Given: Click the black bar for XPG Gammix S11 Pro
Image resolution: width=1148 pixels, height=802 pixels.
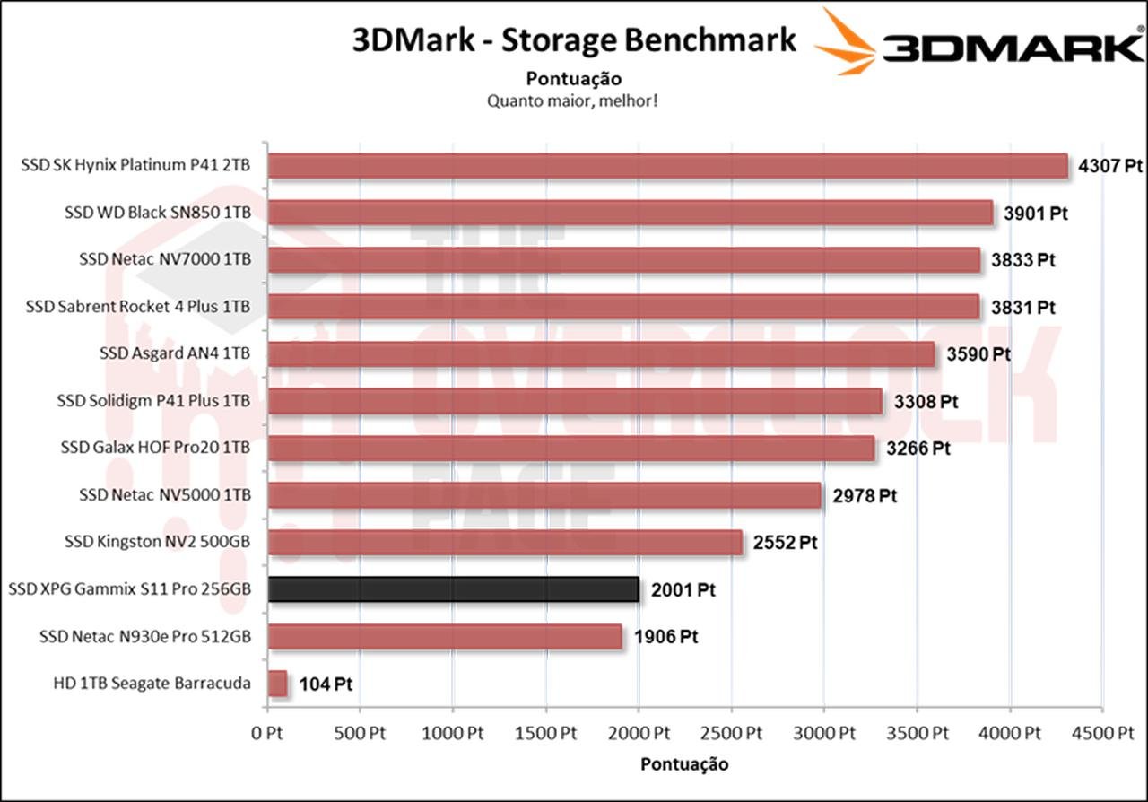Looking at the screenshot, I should (x=453, y=589).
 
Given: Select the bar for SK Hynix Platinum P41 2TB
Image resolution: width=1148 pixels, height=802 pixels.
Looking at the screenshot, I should (x=667, y=166).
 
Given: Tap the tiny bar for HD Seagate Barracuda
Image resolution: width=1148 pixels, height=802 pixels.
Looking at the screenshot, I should (x=277, y=684).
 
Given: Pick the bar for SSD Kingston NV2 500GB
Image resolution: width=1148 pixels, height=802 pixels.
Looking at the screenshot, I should (x=505, y=542).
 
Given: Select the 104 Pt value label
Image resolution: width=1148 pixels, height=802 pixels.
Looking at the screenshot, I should (x=325, y=684).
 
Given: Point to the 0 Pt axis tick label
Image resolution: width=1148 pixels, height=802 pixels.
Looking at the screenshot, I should (x=267, y=733).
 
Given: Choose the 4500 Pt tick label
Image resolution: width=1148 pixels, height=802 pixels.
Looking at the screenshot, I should (x=1102, y=733).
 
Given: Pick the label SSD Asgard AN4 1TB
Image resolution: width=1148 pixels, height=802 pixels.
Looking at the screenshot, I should (x=174, y=353).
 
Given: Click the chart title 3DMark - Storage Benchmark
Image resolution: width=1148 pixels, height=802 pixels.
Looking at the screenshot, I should (x=574, y=40).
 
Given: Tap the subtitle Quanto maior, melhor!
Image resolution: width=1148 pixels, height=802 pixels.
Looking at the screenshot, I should (x=572, y=100).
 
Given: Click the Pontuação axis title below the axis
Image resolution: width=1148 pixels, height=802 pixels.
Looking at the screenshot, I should (x=684, y=764).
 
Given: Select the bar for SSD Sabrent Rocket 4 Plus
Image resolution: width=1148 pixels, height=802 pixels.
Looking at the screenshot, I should (x=623, y=307).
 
